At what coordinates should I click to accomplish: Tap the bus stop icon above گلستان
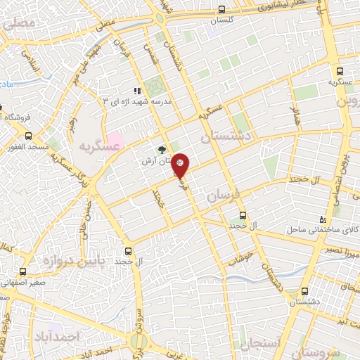click(222, 10)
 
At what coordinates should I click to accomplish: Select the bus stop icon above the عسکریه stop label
click(340, 71)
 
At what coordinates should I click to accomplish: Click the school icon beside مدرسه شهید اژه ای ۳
click(138, 91)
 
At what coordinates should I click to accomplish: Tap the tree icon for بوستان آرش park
click(162, 149)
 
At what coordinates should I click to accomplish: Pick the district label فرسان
click(226, 195)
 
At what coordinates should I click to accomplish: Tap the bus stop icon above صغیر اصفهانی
click(23, 271)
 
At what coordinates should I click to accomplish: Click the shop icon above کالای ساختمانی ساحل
click(323, 219)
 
